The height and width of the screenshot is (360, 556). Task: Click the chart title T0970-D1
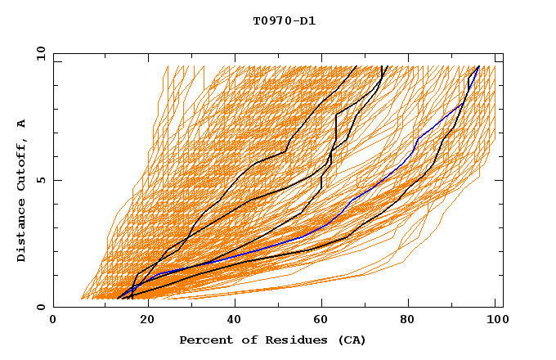click(284, 21)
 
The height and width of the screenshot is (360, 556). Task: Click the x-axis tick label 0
click(53, 321)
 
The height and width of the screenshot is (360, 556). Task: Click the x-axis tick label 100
click(495, 321)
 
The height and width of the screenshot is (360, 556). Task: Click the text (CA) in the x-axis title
click(352, 340)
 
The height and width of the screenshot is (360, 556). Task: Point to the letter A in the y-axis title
click(22, 123)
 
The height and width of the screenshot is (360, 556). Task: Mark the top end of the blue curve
click(478, 67)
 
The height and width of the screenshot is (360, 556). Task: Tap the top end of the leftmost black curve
click(356, 67)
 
